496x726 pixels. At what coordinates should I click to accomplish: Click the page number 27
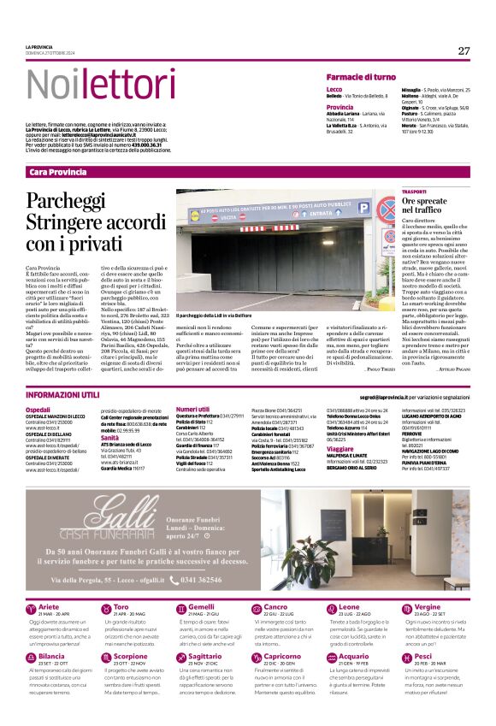[463, 50]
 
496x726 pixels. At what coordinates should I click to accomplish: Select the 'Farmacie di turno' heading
[361, 77]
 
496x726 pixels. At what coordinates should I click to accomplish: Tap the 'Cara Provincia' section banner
[58, 172]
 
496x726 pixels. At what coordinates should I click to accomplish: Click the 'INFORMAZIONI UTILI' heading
[62, 395]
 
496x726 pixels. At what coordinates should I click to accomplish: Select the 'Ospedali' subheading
[38, 410]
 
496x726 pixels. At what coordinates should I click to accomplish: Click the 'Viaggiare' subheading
[340, 448]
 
